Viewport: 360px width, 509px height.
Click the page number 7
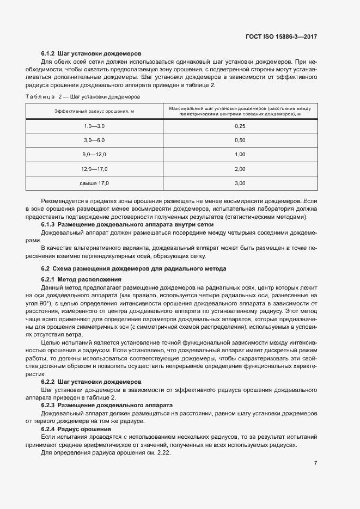click(316, 463)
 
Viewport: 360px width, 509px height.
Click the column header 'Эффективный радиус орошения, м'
click(94, 111)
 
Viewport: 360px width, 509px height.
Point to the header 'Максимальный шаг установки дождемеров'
click(240, 111)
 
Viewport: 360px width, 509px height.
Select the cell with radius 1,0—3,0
click(94, 126)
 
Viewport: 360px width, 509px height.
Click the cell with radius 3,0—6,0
click(94, 140)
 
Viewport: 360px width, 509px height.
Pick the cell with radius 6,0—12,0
click(94, 155)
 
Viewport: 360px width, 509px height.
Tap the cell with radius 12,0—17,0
click(94, 169)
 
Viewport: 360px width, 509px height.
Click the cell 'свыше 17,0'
click(94, 183)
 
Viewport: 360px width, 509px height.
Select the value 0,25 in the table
click(240, 126)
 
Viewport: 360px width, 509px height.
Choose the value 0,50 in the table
click(240, 140)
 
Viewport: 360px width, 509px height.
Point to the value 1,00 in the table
click(240, 155)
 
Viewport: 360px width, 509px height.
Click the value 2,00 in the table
click(240, 169)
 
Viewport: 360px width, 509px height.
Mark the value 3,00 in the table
click(240, 183)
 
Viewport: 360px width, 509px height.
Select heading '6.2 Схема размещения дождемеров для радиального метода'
click(133, 269)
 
